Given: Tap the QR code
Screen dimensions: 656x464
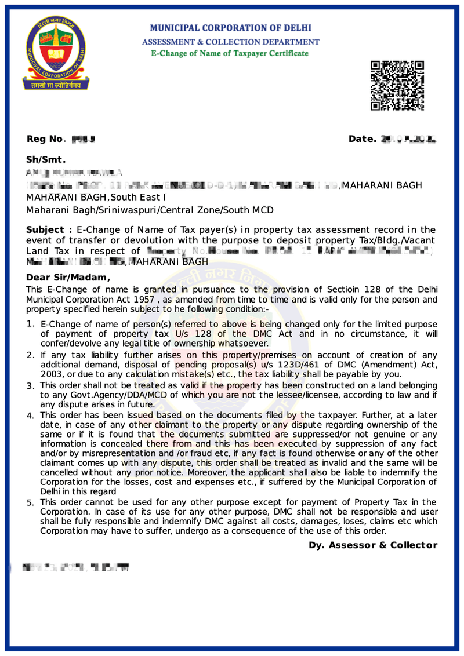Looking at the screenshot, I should pyautogui.click(x=397, y=85).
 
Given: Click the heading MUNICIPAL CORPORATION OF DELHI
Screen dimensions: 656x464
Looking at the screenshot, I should pyautogui.click(x=230, y=28).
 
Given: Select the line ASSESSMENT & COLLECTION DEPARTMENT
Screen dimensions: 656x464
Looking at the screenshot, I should pyautogui.click(x=230, y=42).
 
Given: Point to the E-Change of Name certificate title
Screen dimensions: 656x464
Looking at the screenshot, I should pyautogui.click(x=230, y=53).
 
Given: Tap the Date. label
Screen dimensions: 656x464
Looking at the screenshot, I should pyautogui.click(x=362, y=139).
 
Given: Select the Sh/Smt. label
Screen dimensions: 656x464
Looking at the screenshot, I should pyautogui.click(x=46, y=160).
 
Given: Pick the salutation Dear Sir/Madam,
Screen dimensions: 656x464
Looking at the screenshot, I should pyautogui.click(x=68, y=277).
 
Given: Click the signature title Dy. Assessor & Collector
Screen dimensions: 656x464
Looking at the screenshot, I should pyautogui.click(x=372, y=545).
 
